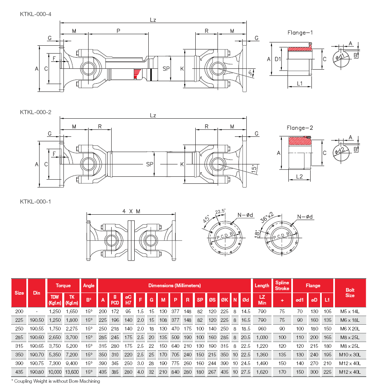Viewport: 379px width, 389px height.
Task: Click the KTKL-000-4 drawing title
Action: click(x=35, y=14)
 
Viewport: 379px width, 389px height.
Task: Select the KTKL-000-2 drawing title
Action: click(x=35, y=112)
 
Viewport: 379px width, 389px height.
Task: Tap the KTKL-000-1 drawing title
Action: click(x=35, y=202)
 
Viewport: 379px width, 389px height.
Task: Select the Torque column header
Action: click(x=63, y=285)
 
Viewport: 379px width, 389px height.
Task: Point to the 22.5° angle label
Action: click(x=221, y=211)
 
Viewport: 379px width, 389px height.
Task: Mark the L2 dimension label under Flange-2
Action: click(x=300, y=176)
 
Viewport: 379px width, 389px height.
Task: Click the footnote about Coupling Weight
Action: click(x=55, y=381)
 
